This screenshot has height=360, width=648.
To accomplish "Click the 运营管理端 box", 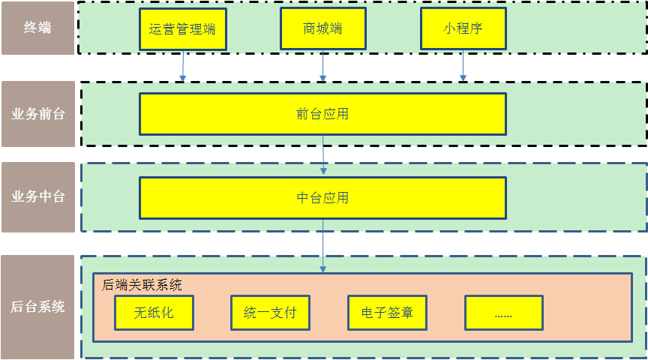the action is click(x=183, y=29).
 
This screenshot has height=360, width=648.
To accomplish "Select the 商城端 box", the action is click(x=322, y=28).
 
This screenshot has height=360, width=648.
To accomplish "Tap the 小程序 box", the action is click(x=463, y=28).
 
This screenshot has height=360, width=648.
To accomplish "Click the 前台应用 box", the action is click(x=322, y=114).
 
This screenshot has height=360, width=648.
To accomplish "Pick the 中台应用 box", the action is click(x=322, y=198).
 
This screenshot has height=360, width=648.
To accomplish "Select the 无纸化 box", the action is click(x=154, y=313).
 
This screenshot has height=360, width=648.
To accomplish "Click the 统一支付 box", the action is click(x=270, y=313).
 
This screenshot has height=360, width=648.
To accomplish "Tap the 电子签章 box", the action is click(x=387, y=313).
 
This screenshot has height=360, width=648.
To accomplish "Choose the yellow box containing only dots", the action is click(x=504, y=313).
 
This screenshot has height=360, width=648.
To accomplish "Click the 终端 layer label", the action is click(x=37, y=28).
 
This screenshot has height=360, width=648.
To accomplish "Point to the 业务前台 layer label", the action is click(x=38, y=114).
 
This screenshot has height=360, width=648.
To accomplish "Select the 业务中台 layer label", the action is click(x=38, y=196).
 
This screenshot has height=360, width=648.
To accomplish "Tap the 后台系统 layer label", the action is click(x=37, y=307).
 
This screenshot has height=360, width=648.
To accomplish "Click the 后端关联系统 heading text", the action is click(x=141, y=285).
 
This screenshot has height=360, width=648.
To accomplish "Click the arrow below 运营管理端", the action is click(x=183, y=66).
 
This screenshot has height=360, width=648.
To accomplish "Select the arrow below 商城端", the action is click(x=322, y=66).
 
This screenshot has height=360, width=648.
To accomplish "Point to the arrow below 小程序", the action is click(x=463, y=66).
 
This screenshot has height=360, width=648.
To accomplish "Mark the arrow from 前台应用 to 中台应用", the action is click(x=323, y=155).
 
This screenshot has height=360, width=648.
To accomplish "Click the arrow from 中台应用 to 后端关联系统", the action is click(x=322, y=246).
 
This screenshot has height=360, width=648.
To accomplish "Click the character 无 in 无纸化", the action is click(x=140, y=313).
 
